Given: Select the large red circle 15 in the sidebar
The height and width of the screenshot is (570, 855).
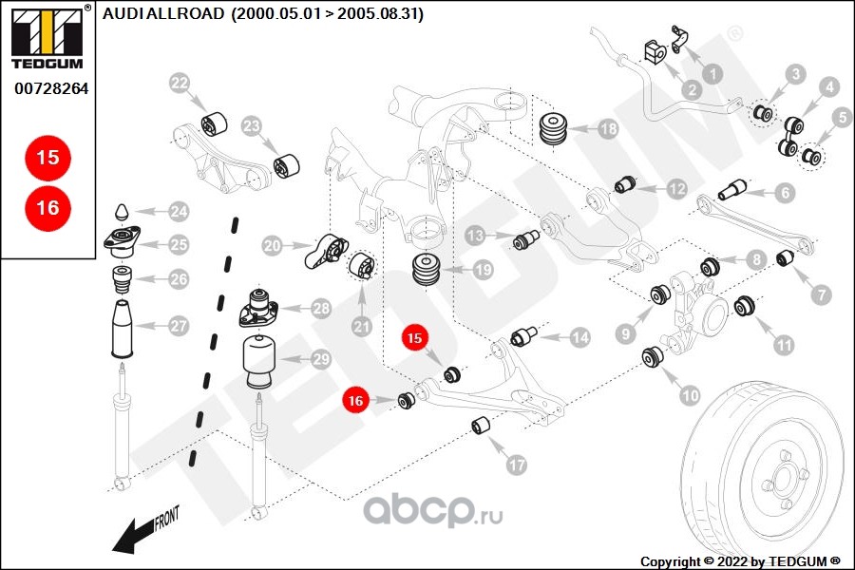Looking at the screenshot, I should pos(48,158).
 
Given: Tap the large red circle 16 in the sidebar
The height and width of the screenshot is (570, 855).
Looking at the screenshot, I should pos(48,208).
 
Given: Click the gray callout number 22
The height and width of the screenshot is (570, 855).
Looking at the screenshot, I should pos(180,83).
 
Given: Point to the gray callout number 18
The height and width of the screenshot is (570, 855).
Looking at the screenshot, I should pos(608,129).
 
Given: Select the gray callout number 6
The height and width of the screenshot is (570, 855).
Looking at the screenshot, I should pos(784,193).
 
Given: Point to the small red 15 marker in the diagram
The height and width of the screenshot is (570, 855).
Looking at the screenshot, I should pos(414,337).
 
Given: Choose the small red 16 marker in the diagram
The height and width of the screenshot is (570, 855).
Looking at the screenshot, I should pos(355,402).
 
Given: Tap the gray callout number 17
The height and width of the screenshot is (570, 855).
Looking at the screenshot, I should pos(516,465).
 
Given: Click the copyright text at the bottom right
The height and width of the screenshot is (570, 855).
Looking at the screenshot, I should pos(740,561).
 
